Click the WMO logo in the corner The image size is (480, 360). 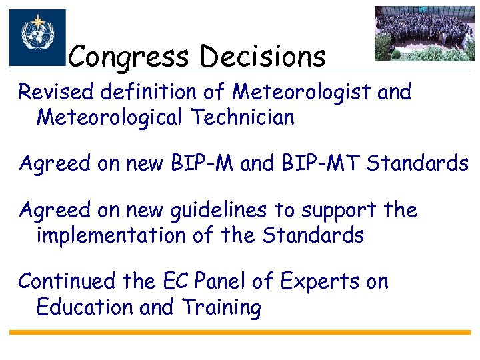tap(37, 37)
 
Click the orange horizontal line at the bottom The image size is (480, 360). tap(240, 332)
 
